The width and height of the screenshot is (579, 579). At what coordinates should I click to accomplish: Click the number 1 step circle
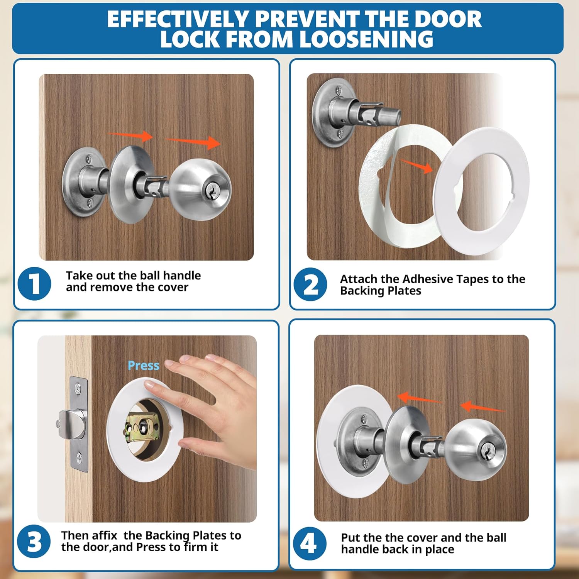pyautogui.click(x=34, y=284)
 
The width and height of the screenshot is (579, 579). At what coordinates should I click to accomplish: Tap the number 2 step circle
pyautogui.click(x=310, y=285)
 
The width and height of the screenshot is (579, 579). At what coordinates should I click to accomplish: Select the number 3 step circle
pyautogui.click(x=34, y=542)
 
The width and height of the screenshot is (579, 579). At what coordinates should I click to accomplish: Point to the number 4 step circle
pyautogui.click(x=310, y=543)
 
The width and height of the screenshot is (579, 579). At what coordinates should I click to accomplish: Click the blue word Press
pyautogui.click(x=143, y=366)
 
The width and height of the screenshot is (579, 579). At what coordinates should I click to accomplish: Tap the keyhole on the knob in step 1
pyautogui.click(x=211, y=191)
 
